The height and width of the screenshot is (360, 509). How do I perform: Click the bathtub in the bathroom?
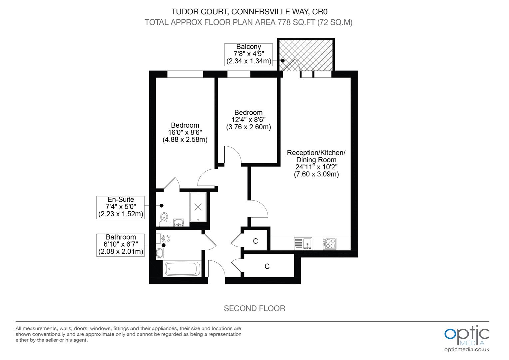coord(182,269)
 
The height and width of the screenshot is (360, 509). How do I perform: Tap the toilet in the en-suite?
coord(163,218)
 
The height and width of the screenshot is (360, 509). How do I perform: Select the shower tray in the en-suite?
coord(198,207)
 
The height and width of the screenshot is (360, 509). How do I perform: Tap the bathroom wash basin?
coord(160,253)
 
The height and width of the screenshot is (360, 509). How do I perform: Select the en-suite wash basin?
coord(179,222)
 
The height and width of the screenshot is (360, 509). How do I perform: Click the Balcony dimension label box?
coord(248,54)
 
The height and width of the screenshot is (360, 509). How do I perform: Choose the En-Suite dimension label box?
coord(121,207)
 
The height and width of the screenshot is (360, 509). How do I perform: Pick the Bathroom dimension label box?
coord(121,245)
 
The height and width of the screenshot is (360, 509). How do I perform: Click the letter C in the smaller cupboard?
coord(255,241)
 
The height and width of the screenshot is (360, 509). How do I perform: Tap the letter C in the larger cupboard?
coord(267,266)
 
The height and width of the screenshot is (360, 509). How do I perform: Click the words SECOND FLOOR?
coord(254,308)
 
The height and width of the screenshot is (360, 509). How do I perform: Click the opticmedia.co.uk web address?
coord(467,349)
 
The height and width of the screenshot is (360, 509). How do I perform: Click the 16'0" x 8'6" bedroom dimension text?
coord(185,132)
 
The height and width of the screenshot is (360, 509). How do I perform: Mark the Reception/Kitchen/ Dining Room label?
coord(316,156)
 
